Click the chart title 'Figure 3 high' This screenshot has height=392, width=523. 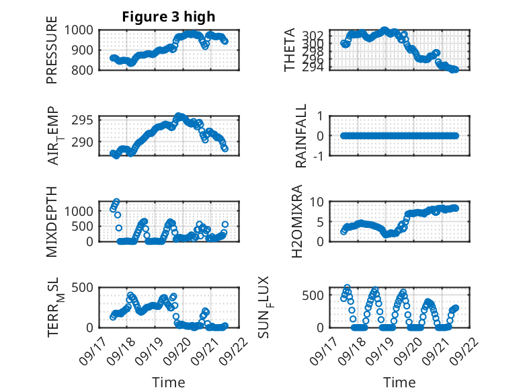(x=168, y=17)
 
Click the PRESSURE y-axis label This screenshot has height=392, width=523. (x=52, y=50)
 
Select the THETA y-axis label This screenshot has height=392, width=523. (x=290, y=50)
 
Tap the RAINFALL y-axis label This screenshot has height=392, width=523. (x=302, y=136)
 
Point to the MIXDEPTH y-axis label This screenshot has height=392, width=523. (x=52, y=221)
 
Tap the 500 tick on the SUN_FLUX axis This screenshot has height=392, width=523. (x=319, y=295)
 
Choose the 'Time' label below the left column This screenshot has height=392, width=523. (x=169, y=382)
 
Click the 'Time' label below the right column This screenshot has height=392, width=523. (x=399, y=382)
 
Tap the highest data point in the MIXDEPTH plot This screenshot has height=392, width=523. (x=116, y=202)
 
